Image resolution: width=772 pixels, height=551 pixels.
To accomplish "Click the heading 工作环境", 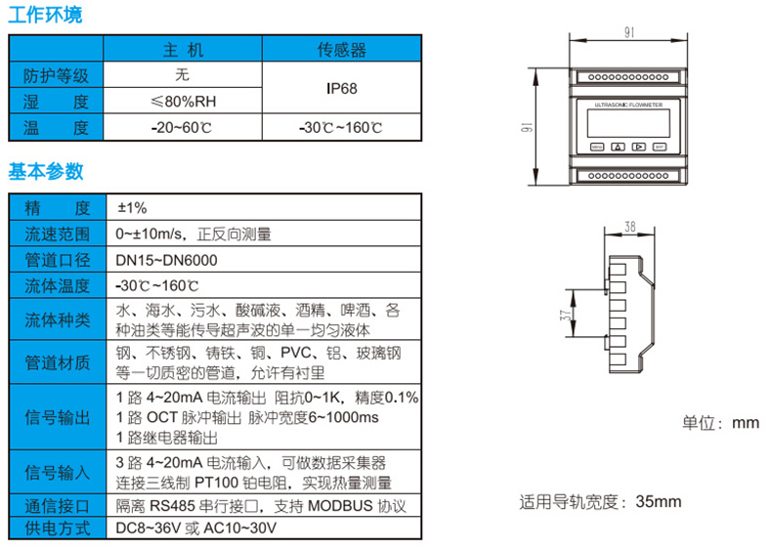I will (46, 15).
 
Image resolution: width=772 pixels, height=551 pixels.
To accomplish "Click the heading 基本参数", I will (46, 172).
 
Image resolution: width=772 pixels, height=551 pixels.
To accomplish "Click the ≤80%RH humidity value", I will (182, 101).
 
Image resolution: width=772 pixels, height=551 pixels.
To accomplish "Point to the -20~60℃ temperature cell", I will (182, 127).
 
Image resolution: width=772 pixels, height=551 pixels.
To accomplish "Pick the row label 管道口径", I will (57, 260).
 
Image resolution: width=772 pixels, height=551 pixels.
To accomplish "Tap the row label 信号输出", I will (57, 417).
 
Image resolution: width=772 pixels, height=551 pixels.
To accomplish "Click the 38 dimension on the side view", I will (629, 226).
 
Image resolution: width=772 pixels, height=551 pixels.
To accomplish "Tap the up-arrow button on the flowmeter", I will (618, 148).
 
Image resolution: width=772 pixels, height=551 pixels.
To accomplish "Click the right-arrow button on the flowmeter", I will (638, 148).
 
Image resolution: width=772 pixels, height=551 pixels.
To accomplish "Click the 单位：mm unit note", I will (720, 423).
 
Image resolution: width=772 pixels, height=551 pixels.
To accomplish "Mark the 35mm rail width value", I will (658, 502).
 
